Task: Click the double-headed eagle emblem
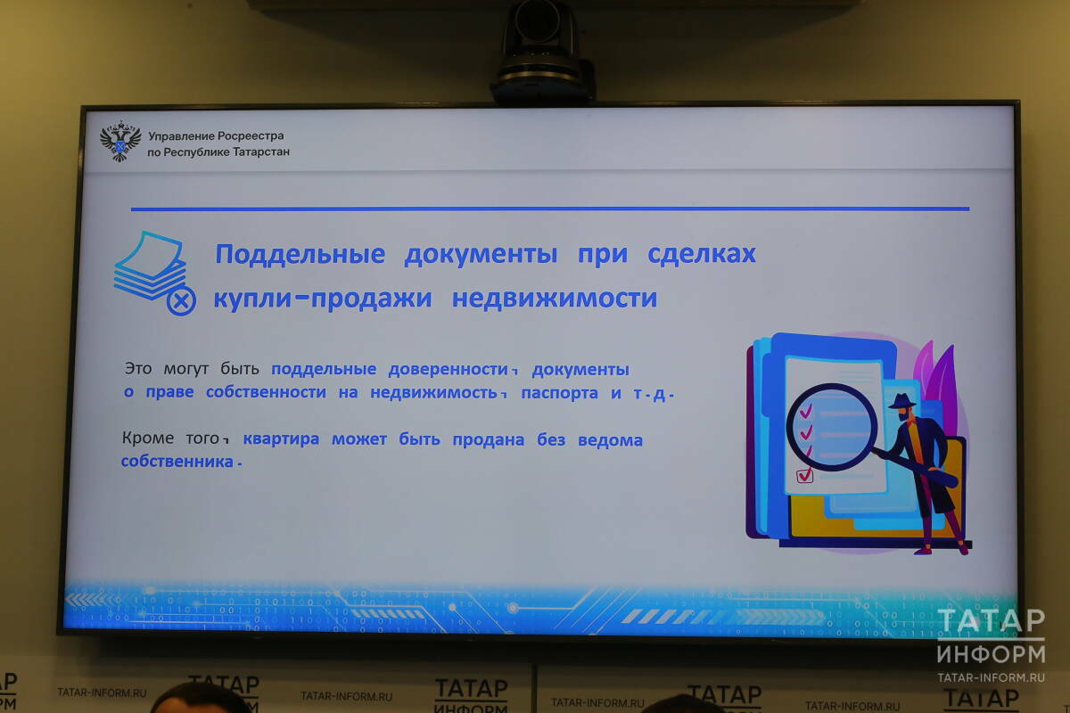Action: coord(120,141)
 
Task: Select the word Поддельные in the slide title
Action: coord(300,254)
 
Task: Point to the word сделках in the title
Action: coord(701,253)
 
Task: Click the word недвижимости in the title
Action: coord(555,299)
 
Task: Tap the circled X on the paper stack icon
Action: coord(181,301)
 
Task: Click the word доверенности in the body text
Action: coord(448,370)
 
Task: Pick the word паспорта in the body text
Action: coord(559,394)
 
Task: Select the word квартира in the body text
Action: coord(281,438)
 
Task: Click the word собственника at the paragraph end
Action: coord(177,462)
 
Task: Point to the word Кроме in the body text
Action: coord(148,438)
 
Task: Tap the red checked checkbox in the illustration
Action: coord(804,476)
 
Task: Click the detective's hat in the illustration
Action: coord(901,401)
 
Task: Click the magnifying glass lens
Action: coord(832,427)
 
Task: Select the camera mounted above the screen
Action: coord(541,52)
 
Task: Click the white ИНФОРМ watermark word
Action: coord(991,654)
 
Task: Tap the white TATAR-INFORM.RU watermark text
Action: coord(991,677)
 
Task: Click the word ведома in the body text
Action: coord(610,440)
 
